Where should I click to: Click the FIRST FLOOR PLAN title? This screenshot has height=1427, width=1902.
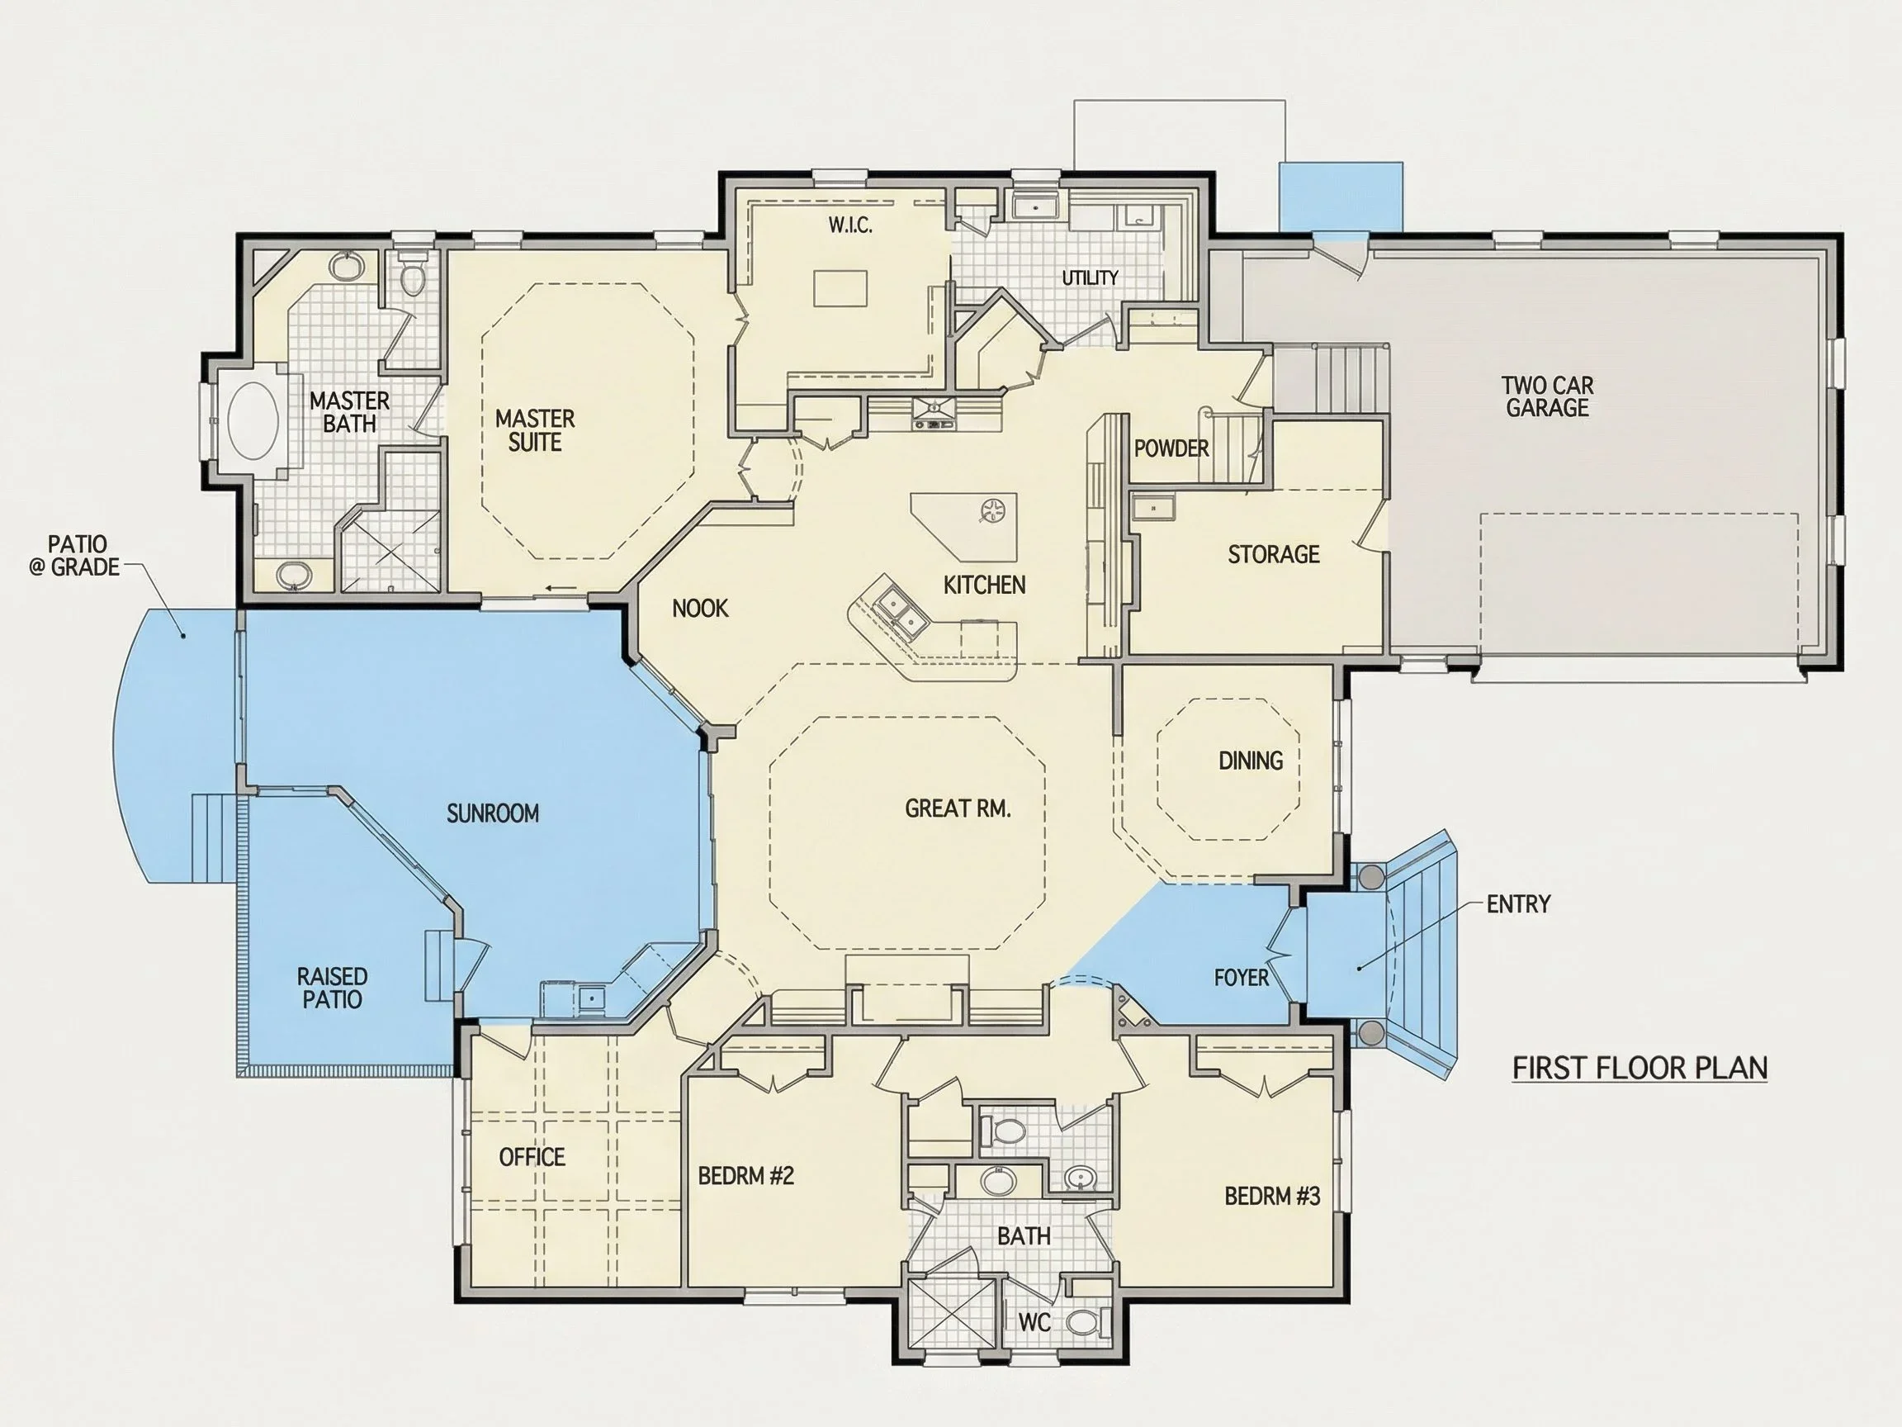pyautogui.click(x=1639, y=1069)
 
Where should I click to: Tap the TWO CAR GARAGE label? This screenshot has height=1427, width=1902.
pyautogui.click(x=1548, y=396)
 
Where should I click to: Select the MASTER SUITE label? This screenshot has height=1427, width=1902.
pyautogui.click(x=535, y=430)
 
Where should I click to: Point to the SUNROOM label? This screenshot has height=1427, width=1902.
pyautogui.click(x=493, y=813)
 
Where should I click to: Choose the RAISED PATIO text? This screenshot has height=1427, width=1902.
pyautogui.click(x=332, y=988)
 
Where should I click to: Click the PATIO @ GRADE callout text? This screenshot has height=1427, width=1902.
pyautogui.click(x=76, y=556)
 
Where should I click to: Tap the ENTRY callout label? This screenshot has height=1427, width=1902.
pyautogui.click(x=1518, y=904)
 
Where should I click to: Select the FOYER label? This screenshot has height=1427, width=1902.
pyautogui.click(x=1241, y=977)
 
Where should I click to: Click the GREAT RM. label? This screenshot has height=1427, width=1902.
pyautogui.click(x=958, y=808)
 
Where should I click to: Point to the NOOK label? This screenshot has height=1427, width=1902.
pyautogui.click(x=700, y=609)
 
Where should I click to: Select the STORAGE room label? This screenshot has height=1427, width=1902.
pyautogui.click(x=1274, y=555)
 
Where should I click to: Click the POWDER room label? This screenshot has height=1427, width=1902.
pyautogui.click(x=1171, y=448)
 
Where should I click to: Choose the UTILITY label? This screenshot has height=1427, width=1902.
pyautogui.click(x=1090, y=277)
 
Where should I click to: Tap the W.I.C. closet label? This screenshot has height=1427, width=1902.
pyautogui.click(x=850, y=225)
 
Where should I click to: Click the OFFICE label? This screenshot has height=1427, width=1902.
pyautogui.click(x=532, y=1157)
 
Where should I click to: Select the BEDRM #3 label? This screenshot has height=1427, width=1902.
pyautogui.click(x=1272, y=1196)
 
